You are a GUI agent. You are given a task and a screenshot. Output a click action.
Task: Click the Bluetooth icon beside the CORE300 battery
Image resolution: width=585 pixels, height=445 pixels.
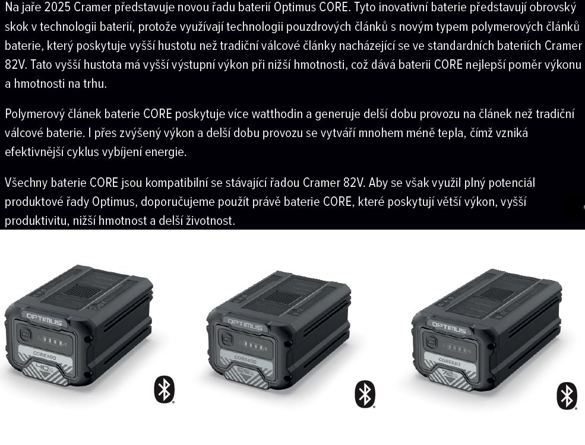[x=164, y=390]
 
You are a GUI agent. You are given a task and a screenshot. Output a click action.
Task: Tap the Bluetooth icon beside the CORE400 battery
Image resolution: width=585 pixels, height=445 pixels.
[x=365, y=394]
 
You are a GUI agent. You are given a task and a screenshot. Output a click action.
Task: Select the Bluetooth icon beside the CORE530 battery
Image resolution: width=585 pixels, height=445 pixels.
[x=567, y=396]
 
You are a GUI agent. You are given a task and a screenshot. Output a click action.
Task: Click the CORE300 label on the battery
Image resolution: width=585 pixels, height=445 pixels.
[x=45, y=355]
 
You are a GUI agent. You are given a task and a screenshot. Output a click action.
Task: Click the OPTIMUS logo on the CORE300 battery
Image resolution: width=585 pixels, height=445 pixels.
[x=44, y=319]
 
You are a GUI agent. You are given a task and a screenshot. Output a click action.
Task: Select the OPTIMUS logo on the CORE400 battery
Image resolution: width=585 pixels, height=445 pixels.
[x=245, y=324]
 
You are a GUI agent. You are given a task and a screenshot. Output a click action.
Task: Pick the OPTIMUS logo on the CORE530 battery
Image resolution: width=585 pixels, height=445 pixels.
[x=449, y=328]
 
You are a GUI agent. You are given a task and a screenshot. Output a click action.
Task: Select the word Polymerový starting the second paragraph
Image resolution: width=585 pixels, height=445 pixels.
[x=33, y=114]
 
